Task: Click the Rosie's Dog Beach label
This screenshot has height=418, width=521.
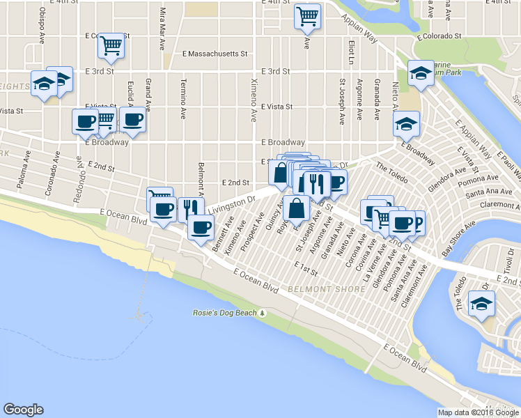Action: coord(224,313)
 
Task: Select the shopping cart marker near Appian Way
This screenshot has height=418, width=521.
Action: coord(307,16)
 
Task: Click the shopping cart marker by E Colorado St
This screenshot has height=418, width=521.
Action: coord(111,45)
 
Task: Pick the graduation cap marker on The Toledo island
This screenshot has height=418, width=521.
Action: coord(481,303)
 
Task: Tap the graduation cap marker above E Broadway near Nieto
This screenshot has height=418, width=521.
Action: coord(403,125)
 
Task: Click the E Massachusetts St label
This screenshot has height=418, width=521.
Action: coord(215,54)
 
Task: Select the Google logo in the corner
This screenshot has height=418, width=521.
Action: coord(23,410)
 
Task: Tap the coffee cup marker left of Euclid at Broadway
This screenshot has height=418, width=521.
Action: coord(86,121)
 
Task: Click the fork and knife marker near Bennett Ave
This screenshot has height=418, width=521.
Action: coord(188,208)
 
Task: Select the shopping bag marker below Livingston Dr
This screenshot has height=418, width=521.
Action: coord(296,207)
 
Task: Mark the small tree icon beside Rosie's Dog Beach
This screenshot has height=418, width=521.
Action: coord(263,313)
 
